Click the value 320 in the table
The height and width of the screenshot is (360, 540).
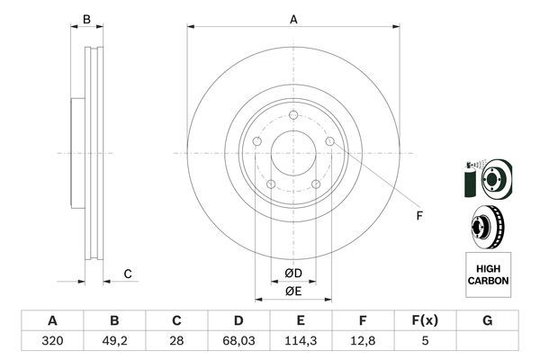pyautogui.click(x=52, y=341)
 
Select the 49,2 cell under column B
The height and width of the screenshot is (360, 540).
pyautogui.click(x=114, y=341)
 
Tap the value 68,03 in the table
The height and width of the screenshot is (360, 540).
pyautogui.click(x=238, y=341)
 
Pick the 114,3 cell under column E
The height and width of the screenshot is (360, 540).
pyautogui.click(x=301, y=341)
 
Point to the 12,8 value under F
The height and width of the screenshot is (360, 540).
pyautogui.click(x=363, y=341)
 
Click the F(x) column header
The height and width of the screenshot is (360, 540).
pyautogui.click(x=425, y=320)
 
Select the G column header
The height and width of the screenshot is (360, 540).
pyautogui.click(x=487, y=320)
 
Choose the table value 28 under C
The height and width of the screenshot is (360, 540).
pyautogui.click(x=176, y=341)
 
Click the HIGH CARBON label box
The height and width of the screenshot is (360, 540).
pyautogui.click(x=488, y=274)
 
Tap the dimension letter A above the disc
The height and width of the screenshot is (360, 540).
pyautogui.click(x=293, y=20)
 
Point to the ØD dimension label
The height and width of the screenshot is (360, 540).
pyautogui.click(x=293, y=274)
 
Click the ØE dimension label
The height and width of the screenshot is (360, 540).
pyautogui.click(x=293, y=292)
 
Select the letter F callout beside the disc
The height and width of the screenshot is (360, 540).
pyautogui.click(x=419, y=216)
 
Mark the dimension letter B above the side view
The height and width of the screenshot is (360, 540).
pyautogui.click(x=86, y=20)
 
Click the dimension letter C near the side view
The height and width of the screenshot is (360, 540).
pyautogui.click(x=128, y=274)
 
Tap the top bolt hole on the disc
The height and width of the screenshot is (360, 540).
pyautogui.click(x=293, y=114)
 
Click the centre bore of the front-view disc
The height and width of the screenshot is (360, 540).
pyautogui.click(x=293, y=153)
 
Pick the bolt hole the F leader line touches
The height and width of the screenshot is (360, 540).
pyautogui.click(x=330, y=141)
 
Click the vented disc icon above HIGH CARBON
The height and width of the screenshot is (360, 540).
pyautogui.click(x=487, y=227)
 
